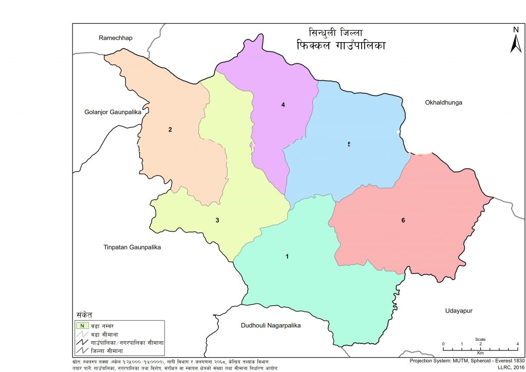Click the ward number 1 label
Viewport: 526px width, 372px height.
tap(287, 256)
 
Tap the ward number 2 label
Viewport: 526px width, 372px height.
tap(170, 129)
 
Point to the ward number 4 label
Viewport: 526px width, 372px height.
tap(283, 105)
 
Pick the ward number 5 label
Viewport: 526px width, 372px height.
tap(349, 144)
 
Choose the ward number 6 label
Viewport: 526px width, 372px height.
tap(403, 220)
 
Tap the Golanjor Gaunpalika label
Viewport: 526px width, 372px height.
tap(112, 112)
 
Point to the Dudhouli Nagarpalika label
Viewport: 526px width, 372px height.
tap(270, 325)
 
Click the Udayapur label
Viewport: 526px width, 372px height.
tap(459, 311)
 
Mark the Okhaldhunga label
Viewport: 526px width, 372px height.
tap(444, 103)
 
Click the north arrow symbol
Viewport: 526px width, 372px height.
tap(516, 44)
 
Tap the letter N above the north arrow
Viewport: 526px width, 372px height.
tap(516, 30)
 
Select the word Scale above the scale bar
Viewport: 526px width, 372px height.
tap(480, 339)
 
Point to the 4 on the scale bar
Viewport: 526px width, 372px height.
tap(517, 344)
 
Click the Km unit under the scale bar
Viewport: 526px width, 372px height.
tap(480, 353)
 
